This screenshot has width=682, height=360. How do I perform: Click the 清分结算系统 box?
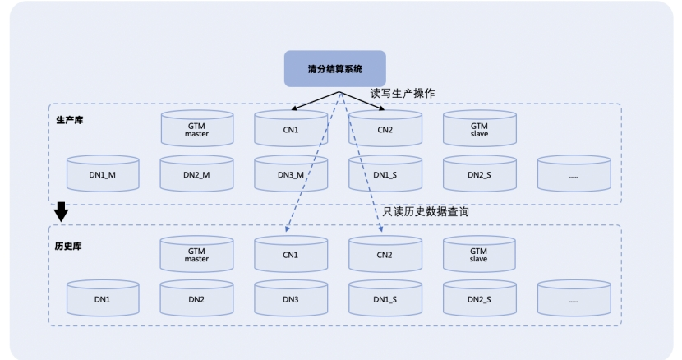coord(335,69)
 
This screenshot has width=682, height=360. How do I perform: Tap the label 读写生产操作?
coord(403,94)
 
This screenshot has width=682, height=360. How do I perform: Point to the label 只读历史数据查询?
coord(426,211)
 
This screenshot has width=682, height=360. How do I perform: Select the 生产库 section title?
coord(70,120)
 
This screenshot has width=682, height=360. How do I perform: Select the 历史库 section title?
coord(68,247)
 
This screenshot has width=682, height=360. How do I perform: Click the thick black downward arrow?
coord(61,211)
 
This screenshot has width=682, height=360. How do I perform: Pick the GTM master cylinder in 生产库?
coord(197,128)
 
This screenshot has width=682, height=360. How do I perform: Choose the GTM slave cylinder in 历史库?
coord(479,254)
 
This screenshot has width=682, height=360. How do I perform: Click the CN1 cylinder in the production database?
coord(291,128)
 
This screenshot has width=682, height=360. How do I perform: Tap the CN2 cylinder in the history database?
coord(385,254)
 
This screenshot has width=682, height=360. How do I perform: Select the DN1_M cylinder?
coord(103,173)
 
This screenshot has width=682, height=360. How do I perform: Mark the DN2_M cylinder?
coord(196,173)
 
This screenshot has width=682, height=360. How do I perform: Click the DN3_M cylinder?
coord(291,173)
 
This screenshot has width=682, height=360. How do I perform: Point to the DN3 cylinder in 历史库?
coord(291,298)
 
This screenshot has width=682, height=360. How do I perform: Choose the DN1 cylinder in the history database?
coord(103,298)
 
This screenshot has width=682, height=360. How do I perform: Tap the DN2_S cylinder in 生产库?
coord(479,173)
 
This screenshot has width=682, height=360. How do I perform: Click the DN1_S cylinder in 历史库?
coord(385,298)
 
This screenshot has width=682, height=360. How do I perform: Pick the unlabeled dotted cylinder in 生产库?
coord(574,173)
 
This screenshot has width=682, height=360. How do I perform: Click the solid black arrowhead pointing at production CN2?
coord(381,108)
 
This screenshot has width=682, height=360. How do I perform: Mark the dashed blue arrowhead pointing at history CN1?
coord(287,228)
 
